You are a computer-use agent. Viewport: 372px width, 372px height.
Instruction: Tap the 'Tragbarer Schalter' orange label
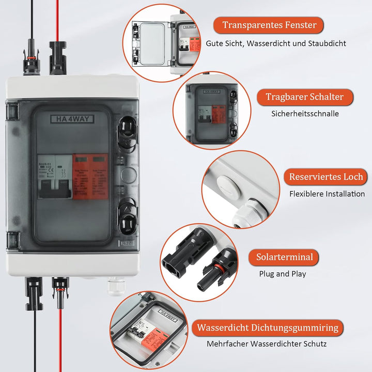pos(304,97)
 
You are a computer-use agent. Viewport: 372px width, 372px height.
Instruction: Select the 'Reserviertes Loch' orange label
pos(326,177)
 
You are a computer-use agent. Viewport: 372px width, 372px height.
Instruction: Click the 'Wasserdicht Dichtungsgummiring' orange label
pos(267,328)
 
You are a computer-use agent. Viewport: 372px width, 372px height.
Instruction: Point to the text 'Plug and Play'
pos(283,274)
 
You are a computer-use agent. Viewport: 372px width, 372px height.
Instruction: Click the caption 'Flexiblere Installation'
pos(327,194)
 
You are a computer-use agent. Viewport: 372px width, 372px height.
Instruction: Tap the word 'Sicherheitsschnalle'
pos(305,113)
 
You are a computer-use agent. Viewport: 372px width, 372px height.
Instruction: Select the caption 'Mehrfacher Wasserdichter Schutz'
pos(267,344)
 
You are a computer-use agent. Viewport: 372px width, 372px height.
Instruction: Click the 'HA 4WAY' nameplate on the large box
pos(72,119)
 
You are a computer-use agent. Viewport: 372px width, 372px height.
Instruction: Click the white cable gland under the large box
pos(115,285)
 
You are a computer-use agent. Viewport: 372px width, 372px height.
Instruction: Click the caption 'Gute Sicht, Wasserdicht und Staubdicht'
pos(276,44)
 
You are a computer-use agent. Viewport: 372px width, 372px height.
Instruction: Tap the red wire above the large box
pos(57,21)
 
